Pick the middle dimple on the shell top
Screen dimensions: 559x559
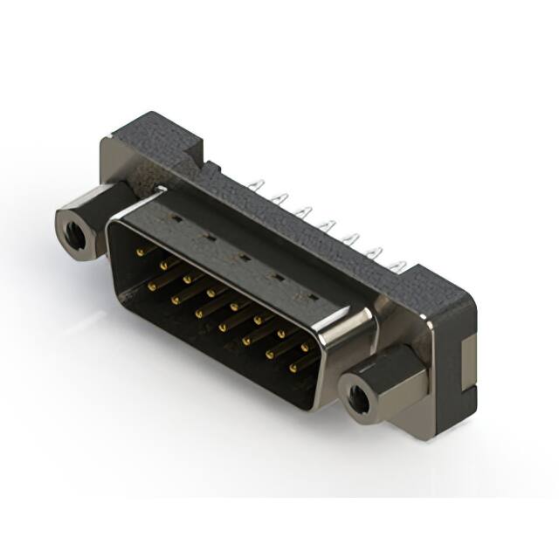pos(242,257)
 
